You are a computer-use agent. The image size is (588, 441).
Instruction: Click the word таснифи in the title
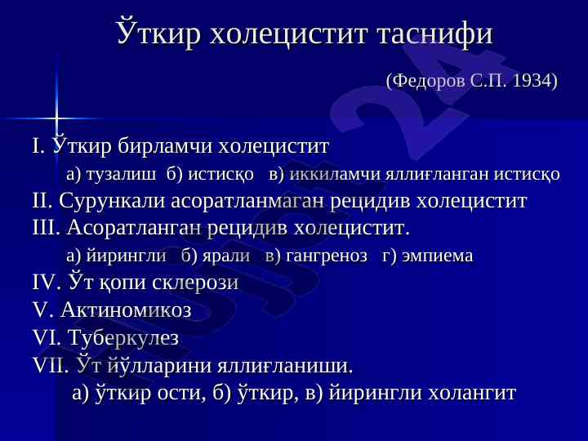pyautogui.click(x=435, y=33)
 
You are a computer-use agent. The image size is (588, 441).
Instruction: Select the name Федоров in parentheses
pyautogui.click(x=428, y=81)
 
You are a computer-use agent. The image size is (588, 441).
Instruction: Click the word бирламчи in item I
pyautogui.click(x=165, y=146)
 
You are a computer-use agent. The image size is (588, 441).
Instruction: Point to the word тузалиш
pyautogui.click(x=121, y=175)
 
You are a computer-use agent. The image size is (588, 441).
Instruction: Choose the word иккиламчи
pyautogui.click(x=335, y=175)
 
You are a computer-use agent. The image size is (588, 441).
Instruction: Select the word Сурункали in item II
pyautogui.click(x=111, y=201)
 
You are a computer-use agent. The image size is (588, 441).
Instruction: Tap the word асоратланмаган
pyautogui.click(x=247, y=202)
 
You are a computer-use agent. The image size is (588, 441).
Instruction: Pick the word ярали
pyautogui.click(x=226, y=256)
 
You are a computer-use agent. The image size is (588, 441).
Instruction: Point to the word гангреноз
pyautogui.click(x=327, y=256)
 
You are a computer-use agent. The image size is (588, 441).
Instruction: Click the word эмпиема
pyautogui.click(x=437, y=256)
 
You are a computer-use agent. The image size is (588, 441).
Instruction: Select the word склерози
pyautogui.click(x=195, y=283)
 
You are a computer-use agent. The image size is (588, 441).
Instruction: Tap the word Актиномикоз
pyautogui.click(x=126, y=310)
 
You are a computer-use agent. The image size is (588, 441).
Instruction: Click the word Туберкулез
pyautogui.click(x=123, y=337)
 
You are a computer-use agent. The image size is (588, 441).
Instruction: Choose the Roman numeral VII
pyautogui.click(x=51, y=365)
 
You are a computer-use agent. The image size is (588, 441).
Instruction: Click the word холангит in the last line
pyautogui.click(x=472, y=393)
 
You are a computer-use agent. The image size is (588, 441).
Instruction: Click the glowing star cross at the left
pyautogui.click(x=56, y=118)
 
